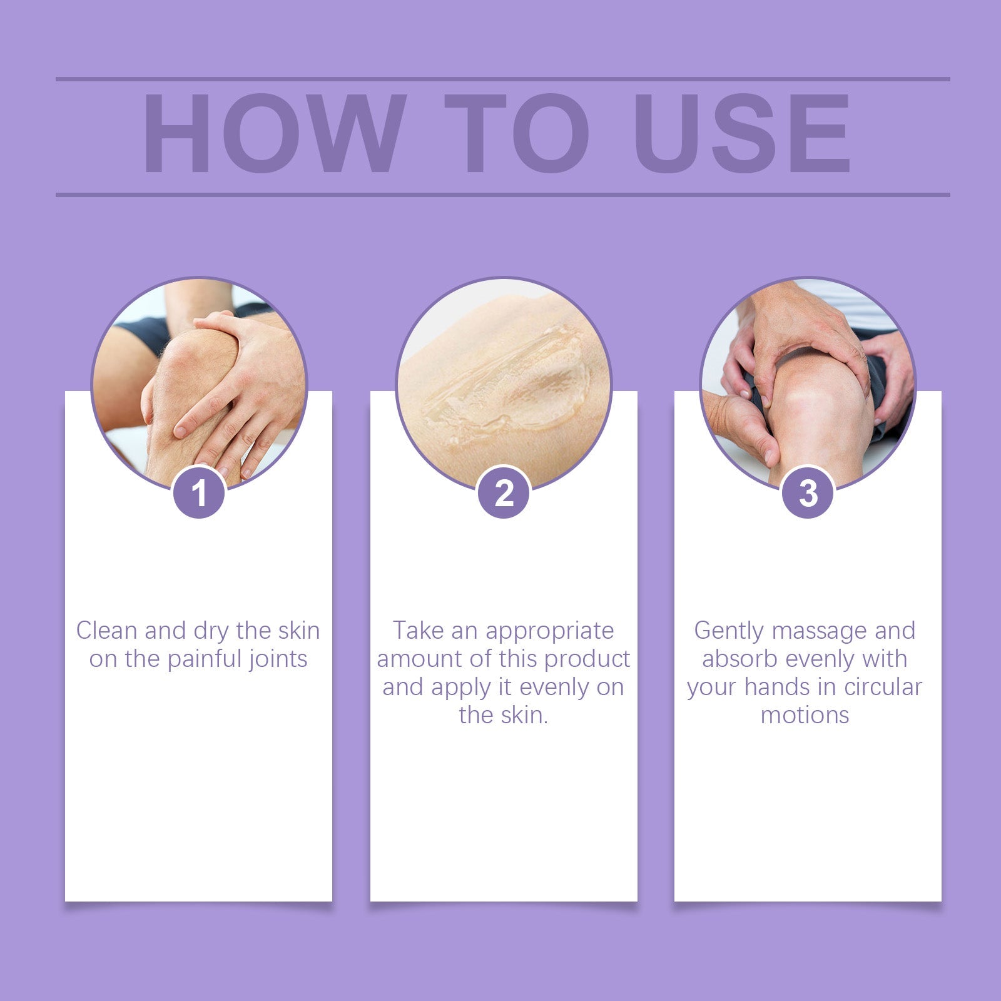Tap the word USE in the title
click(x=741, y=133)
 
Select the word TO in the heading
click(x=517, y=133)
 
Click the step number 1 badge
click(x=199, y=493)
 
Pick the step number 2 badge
click(x=504, y=493)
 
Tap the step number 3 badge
click(x=808, y=493)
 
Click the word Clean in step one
click(x=106, y=630)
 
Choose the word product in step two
click(x=587, y=659)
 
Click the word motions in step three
click(x=805, y=715)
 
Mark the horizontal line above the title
click(x=503, y=79)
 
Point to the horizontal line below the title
click(x=503, y=195)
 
